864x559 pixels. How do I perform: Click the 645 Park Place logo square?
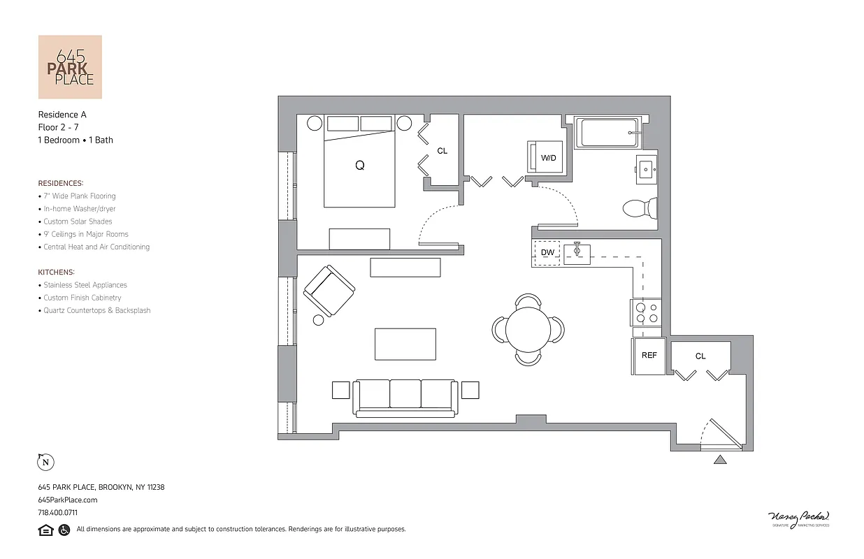[70, 67]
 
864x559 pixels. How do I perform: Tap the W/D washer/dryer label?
[549, 158]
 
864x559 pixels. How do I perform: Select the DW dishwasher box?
[547, 252]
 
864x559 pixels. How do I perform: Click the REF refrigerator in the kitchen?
[649, 356]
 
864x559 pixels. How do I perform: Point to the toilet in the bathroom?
[640, 208]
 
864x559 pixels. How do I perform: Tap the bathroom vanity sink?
[646, 169]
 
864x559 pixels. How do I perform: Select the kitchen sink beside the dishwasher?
[577, 254]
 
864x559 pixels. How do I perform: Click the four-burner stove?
[646, 312]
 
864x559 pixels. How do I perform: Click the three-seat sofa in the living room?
[405, 398]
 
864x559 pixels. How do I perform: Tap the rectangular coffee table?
[405, 344]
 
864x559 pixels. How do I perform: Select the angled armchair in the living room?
[329, 290]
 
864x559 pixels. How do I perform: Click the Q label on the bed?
[360, 166]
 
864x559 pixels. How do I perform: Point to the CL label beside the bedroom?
[442, 151]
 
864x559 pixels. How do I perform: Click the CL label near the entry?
[700, 356]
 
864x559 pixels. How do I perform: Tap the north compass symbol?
[45, 462]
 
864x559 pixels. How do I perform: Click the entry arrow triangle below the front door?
[720, 459]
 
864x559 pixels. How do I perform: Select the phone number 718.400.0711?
[58, 512]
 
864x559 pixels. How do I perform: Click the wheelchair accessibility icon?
[64, 530]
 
